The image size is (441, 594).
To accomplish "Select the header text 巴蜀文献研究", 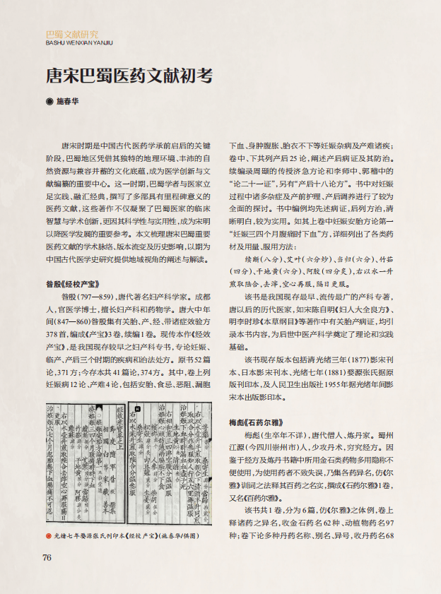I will pyautogui.click(x=72, y=33).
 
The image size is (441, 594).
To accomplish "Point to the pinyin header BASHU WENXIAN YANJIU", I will pyautogui.click(x=78, y=42).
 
